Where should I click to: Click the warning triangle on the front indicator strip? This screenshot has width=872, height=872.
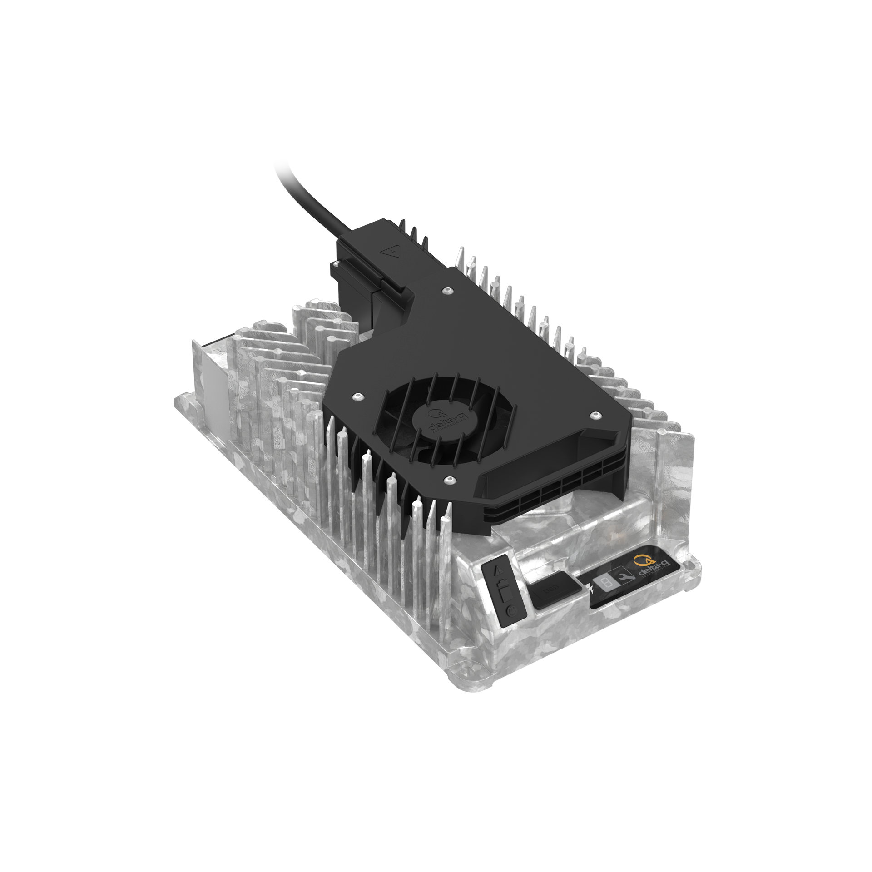coord(499,570)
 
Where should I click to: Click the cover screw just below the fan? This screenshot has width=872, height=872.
coord(449,480)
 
